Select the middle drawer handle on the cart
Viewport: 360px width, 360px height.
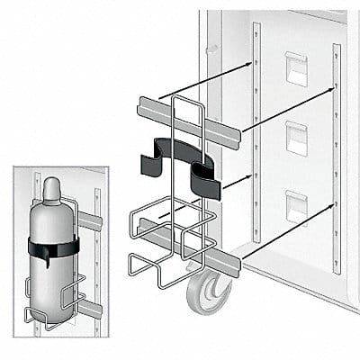pyautogui.click(x=295, y=138)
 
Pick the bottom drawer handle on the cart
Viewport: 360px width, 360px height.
pyautogui.click(x=295, y=206)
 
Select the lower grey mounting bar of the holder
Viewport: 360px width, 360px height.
pyautogui.click(x=189, y=249)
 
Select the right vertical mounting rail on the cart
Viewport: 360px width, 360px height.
pyautogui.click(x=337, y=157)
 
